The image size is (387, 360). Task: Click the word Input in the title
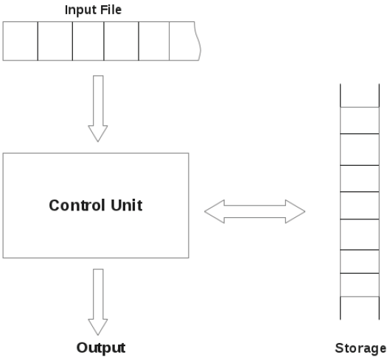(79, 10)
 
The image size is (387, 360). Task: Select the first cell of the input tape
(20, 41)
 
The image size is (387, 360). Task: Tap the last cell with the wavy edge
(184, 41)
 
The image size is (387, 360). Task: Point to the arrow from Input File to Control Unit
(98, 108)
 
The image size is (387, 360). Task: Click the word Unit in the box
(127, 205)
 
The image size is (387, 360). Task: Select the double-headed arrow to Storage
(255, 211)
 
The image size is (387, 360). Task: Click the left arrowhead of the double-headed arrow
(215, 211)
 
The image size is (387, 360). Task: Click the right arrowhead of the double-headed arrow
(295, 211)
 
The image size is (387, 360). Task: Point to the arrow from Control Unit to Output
(98, 302)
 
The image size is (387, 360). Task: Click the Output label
(101, 348)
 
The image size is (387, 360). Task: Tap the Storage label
(360, 349)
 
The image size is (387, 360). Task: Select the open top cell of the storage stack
(360, 96)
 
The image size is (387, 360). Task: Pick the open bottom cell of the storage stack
(360, 308)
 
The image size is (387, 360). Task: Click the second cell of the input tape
(55, 41)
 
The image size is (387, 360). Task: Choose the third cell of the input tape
(88, 41)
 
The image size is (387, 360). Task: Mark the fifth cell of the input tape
(154, 41)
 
